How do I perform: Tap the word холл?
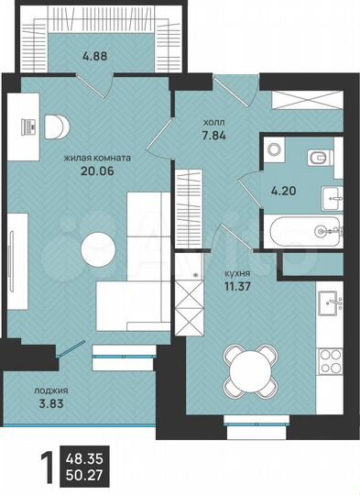[x=213, y=121]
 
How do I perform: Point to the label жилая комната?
[x=96, y=158]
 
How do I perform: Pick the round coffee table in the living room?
[x=99, y=247]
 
